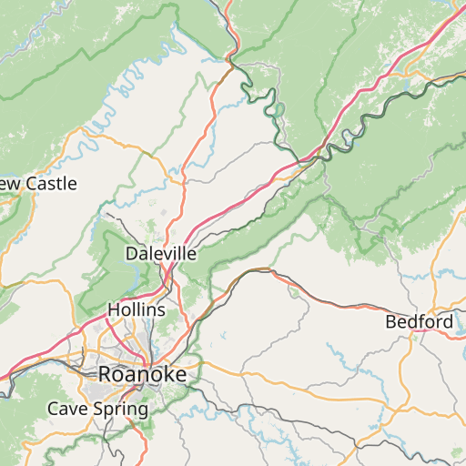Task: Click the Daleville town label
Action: [x=161, y=254]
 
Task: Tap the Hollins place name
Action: [x=137, y=309]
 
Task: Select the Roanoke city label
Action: [x=142, y=374]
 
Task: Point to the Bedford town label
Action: [x=420, y=322]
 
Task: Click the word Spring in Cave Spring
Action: [x=119, y=409]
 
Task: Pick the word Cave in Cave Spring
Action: [x=66, y=409]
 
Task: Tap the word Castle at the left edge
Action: [x=50, y=184]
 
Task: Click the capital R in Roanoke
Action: [x=106, y=374]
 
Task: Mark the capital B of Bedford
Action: [x=391, y=322]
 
